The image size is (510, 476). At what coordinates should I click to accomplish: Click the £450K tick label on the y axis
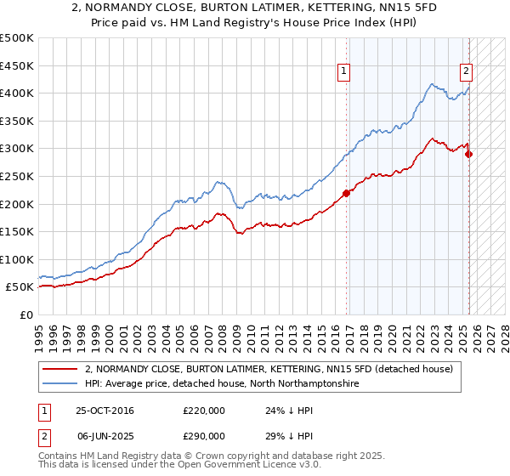pyautogui.click(x=17, y=65)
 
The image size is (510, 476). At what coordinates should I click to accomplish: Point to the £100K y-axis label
pyautogui.click(x=17, y=259)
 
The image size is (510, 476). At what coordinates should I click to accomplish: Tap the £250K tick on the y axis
pyautogui.click(x=17, y=176)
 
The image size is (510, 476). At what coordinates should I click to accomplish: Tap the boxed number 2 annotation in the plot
pyautogui.click(x=467, y=72)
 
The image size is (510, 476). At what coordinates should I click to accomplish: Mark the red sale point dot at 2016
pyautogui.click(x=346, y=193)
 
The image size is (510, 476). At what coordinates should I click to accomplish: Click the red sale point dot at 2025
pyautogui.click(x=469, y=154)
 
